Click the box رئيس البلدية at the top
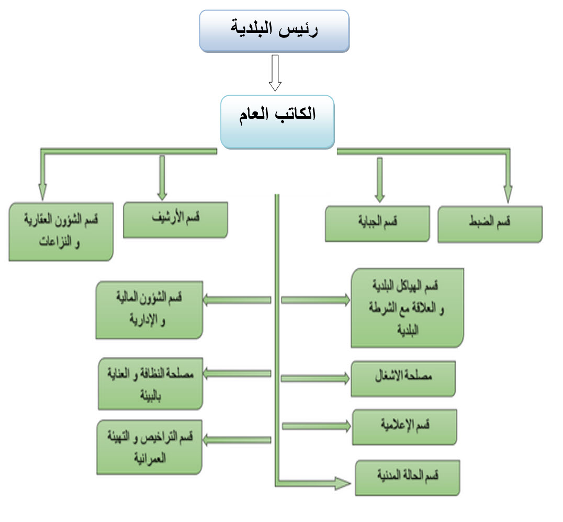[274, 31]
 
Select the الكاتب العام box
[277, 122]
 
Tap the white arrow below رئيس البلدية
[275, 73]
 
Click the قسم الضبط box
[490, 224]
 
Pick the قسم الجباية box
[377, 223]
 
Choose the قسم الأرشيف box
[176, 220]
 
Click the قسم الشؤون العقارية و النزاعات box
[61, 232]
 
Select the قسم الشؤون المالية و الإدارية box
[149, 310]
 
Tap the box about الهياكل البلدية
[408, 308]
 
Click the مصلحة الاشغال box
[403, 379]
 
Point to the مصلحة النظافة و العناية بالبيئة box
[151, 384]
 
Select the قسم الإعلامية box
[404, 427]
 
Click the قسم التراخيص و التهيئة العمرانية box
[149, 447]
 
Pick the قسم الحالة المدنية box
[408, 478]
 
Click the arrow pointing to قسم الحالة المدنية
[313, 483]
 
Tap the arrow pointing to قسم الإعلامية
[317, 426]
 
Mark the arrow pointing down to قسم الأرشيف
[162, 178]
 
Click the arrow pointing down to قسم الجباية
[380, 180]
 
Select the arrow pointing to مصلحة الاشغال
[316, 378]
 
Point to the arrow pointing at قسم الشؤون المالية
[237, 300]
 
